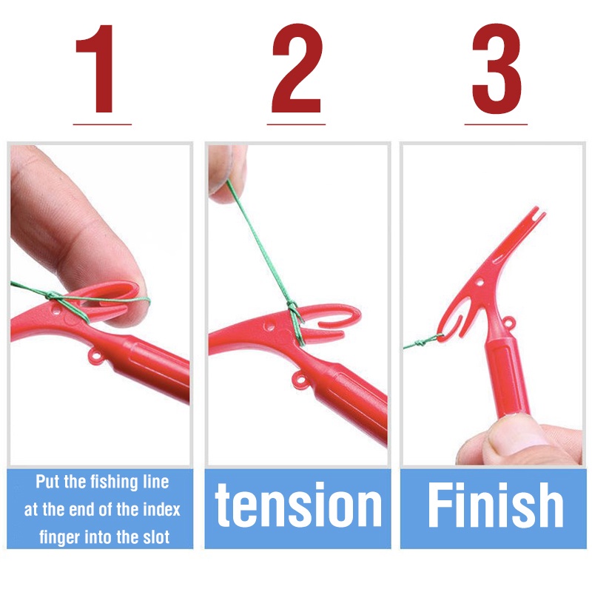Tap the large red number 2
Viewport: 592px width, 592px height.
pyautogui.click(x=297, y=70)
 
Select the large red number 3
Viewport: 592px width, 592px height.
pyautogui.click(x=496, y=70)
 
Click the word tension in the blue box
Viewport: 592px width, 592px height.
pyautogui.click(x=298, y=507)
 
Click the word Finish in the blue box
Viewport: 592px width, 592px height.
pyautogui.click(x=496, y=507)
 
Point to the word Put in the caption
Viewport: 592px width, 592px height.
pyautogui.click(x=48, y=482)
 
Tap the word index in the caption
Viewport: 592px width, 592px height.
pyautogui.click(x=161, y=510)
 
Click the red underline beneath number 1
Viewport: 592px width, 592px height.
pyautogui.click(x=102, y=124)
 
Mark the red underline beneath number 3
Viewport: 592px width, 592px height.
pyautogui.click(x=496, y=124)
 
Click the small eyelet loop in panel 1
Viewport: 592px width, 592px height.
pyautogui.click(x=94, y=359)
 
